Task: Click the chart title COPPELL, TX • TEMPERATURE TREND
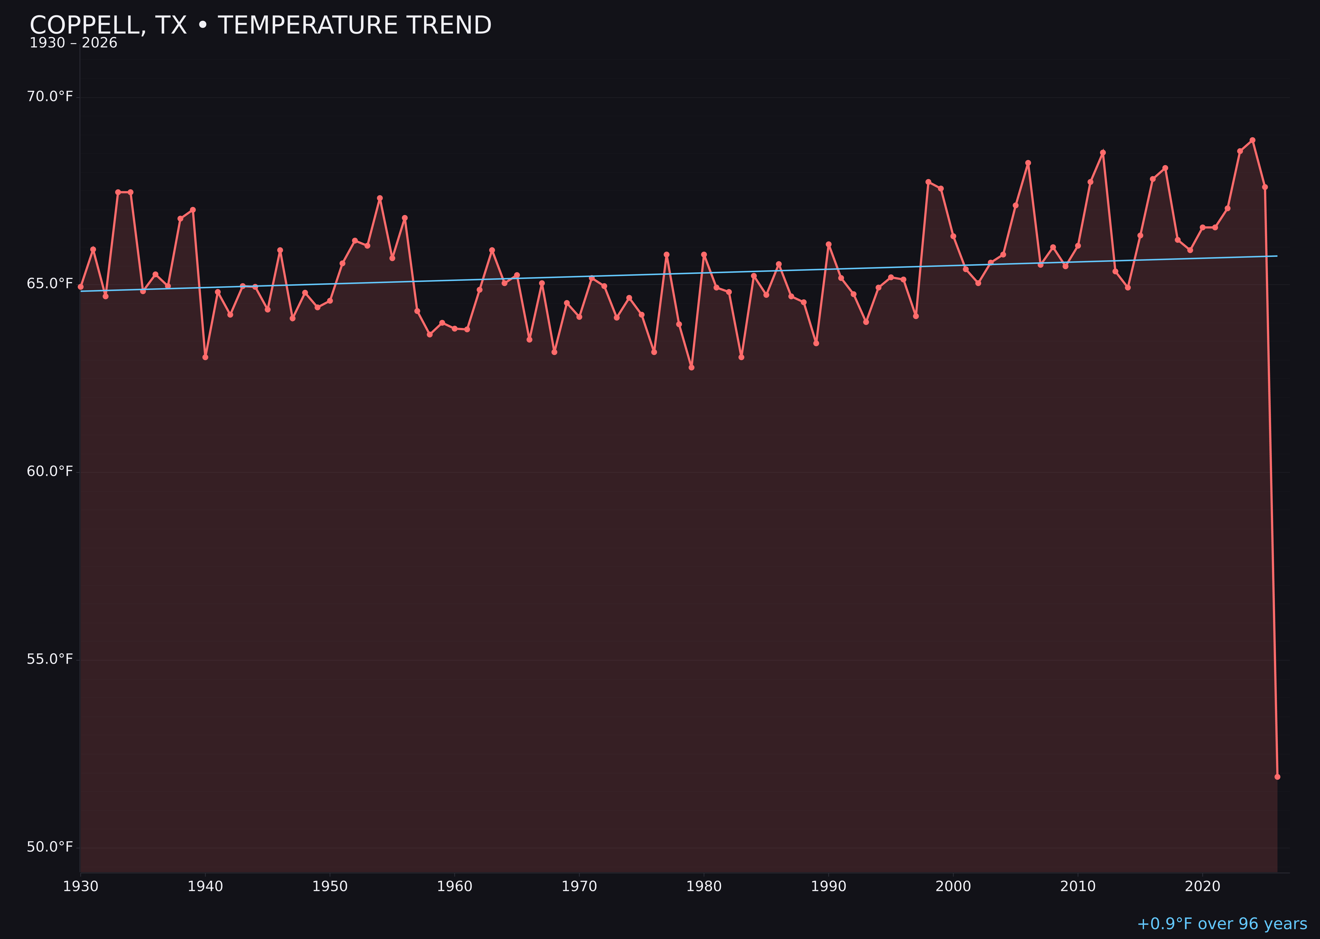260,25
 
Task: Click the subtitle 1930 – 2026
73,43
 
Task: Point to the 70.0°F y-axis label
50,96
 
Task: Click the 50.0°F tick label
50,848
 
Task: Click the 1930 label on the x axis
80,887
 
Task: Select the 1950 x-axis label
330,887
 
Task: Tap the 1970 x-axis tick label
579,887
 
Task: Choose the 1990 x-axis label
828,887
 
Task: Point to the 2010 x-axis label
1078,887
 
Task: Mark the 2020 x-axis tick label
1203,887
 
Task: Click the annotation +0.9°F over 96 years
1222,924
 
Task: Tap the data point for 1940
205,357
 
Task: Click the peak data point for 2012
1103,153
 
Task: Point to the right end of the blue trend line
1277,256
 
